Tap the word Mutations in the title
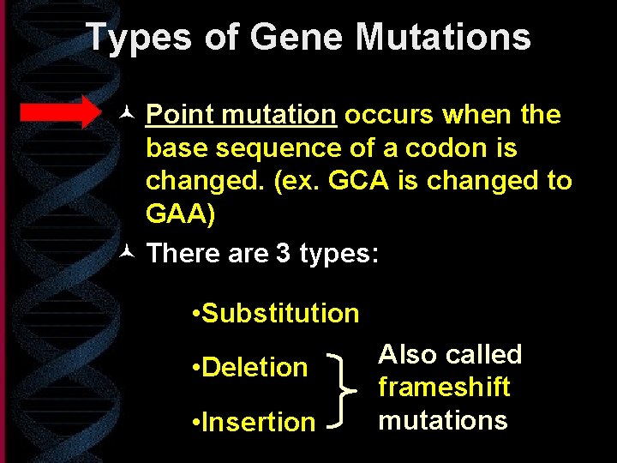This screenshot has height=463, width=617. (x=443, y=38)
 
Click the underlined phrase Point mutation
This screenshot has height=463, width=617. (x=241, y=115)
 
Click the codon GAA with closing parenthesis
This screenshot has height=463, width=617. (x=181, y=214)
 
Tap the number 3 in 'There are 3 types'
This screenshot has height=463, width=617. (x=283, y=254)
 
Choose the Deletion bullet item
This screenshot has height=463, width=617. (x=250, y=367)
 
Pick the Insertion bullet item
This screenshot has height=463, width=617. (x=254, y=422)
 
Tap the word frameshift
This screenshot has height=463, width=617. (x=444, y=388)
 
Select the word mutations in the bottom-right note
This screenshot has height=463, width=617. (x=443, y=420)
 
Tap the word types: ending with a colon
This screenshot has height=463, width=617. (x=338, y=254)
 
